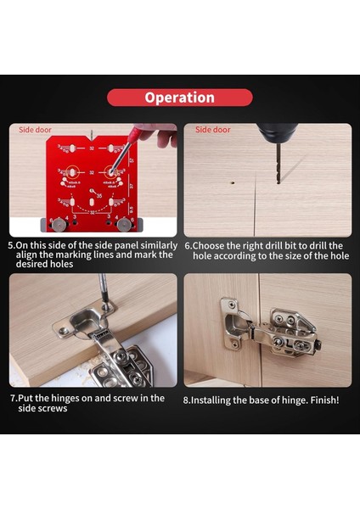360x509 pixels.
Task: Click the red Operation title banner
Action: (x=179, y=98)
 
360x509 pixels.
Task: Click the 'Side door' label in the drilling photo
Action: (x=213, y=130)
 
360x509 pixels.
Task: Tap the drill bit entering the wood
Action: (x=271, y=165)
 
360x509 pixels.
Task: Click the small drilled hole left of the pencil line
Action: (x=232, y=181)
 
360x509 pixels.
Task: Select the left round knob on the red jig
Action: (x=59, y=225)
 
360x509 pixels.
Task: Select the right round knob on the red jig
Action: (x=124, y=225)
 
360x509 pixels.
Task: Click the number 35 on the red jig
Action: (x=99, y=197)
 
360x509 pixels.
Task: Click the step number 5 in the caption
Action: (x=11, y=245)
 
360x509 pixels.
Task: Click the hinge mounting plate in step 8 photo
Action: (x=293, y=331)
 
